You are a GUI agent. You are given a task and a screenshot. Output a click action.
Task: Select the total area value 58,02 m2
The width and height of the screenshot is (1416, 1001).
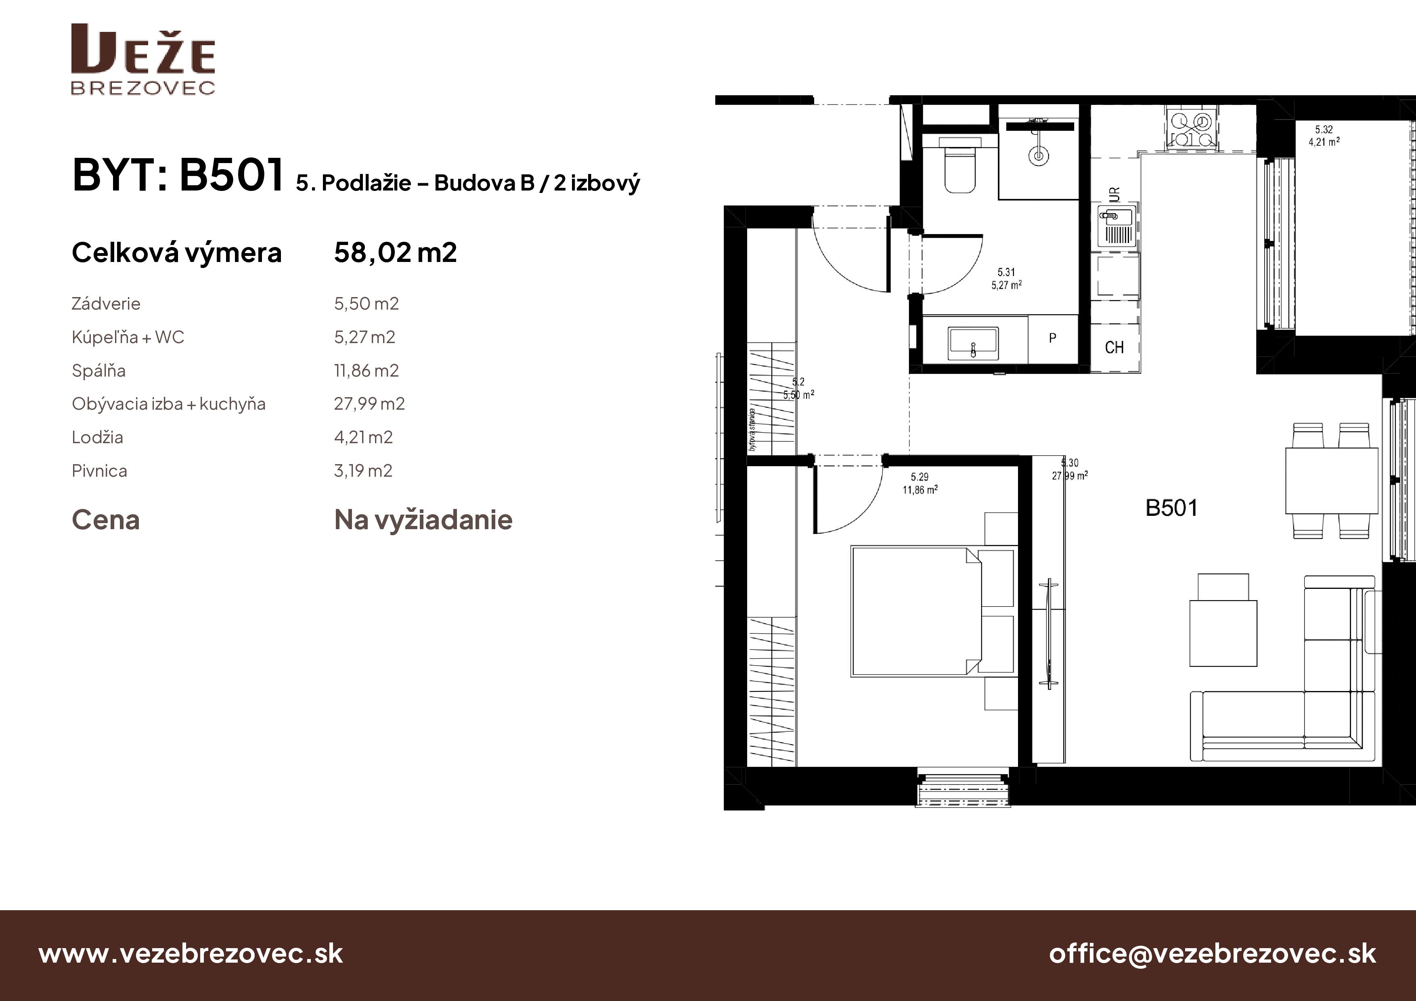395,253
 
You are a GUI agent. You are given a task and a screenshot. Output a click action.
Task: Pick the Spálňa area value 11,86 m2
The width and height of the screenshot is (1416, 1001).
367,371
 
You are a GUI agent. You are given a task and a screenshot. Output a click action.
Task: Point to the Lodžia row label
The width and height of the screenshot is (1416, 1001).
97,437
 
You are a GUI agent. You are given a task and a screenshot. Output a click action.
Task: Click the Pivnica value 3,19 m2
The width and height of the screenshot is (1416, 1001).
363,471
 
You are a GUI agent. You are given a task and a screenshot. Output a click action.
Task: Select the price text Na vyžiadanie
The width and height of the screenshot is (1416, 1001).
423,520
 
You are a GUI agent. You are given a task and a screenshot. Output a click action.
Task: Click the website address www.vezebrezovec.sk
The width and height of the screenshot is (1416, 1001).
191,953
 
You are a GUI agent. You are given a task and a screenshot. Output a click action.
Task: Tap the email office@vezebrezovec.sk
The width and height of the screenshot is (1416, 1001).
1213,953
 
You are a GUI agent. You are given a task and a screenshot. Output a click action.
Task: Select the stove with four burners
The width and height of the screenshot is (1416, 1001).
1192,129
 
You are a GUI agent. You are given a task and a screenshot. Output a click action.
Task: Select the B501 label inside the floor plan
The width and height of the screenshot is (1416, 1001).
1171,508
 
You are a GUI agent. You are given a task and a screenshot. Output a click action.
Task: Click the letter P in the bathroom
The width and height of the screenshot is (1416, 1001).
1052,338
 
